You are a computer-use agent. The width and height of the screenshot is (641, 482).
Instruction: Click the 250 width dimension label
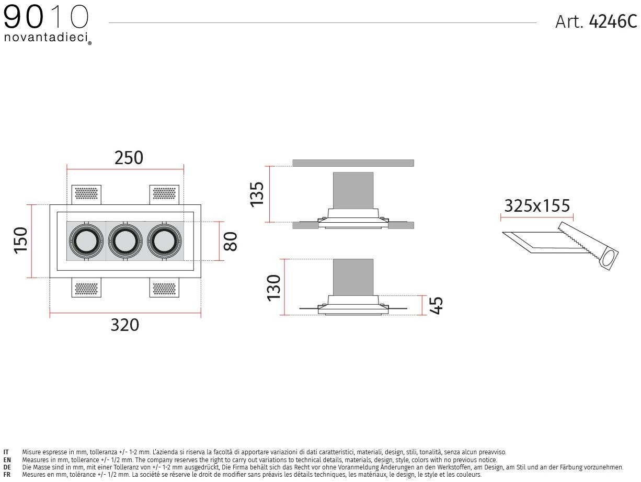[129, 158]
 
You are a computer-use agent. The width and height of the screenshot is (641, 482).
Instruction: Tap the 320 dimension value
[125, 325]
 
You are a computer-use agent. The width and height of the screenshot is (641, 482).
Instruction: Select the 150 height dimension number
[21, 240]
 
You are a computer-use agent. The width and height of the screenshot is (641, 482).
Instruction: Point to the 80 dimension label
[231, 242]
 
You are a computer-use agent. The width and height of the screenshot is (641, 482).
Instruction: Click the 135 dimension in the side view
[257, 194]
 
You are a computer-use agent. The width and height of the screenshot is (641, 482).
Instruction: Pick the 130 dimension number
[274, 288]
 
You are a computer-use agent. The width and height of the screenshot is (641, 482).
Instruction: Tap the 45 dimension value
[436, 306]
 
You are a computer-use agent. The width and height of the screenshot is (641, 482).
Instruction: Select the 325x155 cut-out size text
[537, 206]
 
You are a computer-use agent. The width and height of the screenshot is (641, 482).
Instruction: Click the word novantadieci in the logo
[46, 37]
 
